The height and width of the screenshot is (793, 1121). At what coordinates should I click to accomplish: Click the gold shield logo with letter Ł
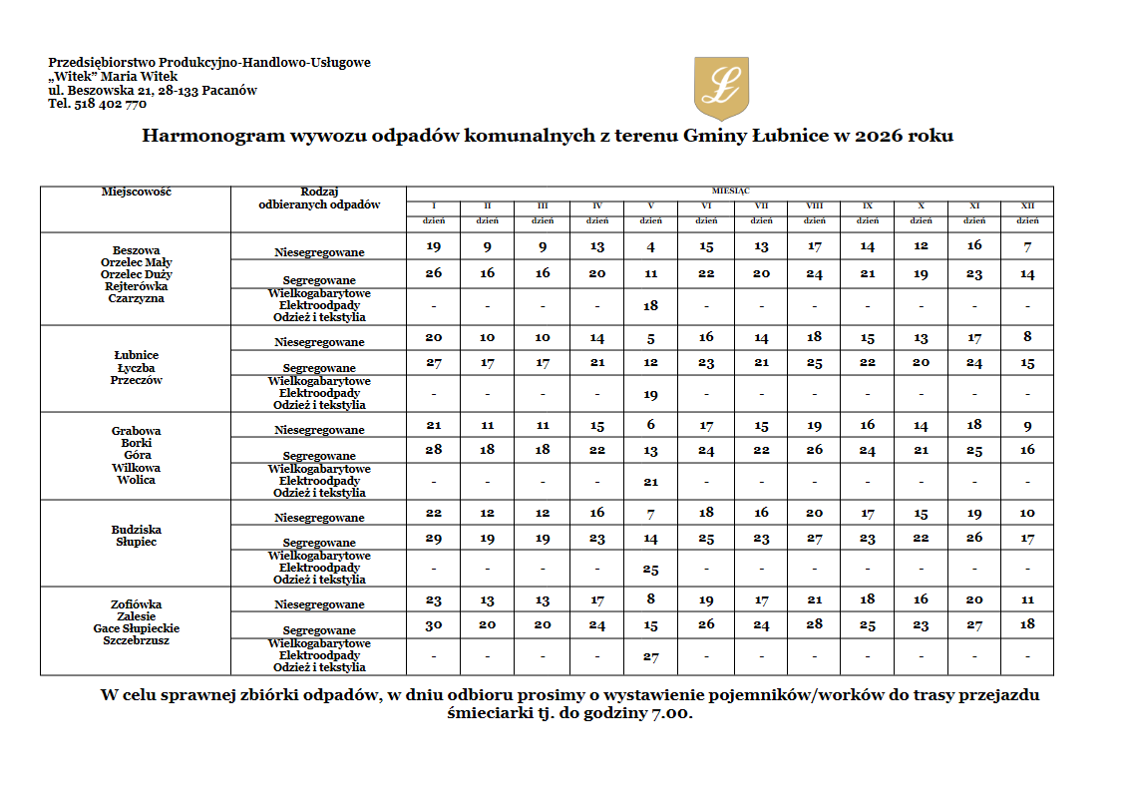point(720,88)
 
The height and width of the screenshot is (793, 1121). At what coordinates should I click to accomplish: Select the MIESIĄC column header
point(730,190)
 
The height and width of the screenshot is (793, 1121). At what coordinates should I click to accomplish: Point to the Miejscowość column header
point(136,192)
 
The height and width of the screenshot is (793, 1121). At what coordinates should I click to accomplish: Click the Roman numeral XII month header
point(1027,205)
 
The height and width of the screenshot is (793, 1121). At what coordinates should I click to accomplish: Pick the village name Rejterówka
point(136,286)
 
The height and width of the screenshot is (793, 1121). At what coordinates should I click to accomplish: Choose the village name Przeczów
point(136,380)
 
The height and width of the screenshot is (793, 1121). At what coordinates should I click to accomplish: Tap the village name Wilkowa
point(136,468)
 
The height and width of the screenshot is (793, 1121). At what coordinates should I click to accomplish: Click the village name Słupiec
point(136,542)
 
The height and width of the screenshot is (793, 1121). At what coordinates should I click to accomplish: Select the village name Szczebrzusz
point(136,640)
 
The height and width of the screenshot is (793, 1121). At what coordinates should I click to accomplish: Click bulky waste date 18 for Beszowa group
point(650,306)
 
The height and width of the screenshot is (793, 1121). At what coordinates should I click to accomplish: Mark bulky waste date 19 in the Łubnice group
point(650,395)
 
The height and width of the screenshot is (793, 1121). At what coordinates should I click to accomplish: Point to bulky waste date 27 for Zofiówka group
point(650,657)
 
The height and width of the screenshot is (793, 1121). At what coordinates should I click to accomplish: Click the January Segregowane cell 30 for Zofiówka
point(433,625)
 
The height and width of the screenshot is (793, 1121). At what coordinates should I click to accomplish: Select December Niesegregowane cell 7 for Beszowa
point(1027,246)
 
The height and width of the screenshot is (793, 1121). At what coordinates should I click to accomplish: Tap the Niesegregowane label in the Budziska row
point(319,518)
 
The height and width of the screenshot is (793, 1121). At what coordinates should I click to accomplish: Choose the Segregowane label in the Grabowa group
point(319,456)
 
